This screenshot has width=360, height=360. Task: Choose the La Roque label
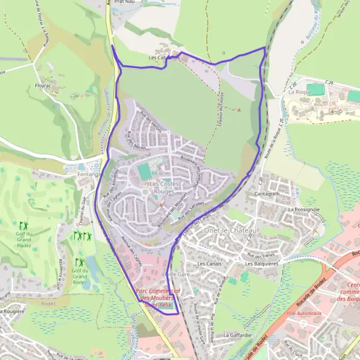pyautogui.click(x=298, y=92)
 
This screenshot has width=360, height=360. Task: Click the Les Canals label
pyautogui.click(x=209, y=263)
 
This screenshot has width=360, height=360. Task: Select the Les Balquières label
pyautogui.click(x=263, y=263)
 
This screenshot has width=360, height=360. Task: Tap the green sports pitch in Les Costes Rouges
pyautogui.click(x=145, y=172)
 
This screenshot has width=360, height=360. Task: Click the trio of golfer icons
pyautogui.click(x=80, y=236)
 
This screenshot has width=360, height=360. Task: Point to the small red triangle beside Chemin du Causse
pyautogui.click(x=238, y=110)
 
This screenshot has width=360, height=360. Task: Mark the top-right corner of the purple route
pyautogui.click(x=265, y=47)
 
